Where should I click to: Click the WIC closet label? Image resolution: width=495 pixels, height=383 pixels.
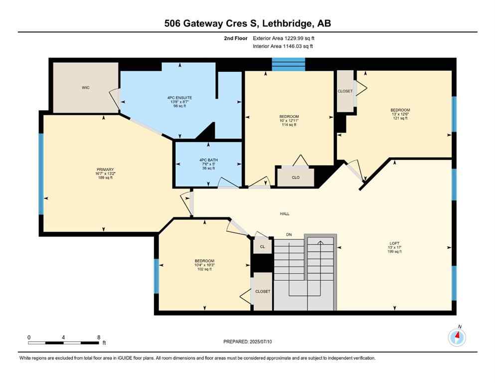tap(85, 87)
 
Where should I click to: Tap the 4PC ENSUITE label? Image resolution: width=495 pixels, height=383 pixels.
tap(179, 97)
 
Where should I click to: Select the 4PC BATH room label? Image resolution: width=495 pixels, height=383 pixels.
tap(208, 160)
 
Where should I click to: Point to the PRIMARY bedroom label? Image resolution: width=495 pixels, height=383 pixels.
tap(102, 169)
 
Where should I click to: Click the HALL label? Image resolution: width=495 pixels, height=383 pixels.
tap(285, 214)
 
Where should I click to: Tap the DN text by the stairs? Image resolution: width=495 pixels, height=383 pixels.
tap(289, 234)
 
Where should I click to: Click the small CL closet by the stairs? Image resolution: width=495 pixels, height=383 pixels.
tap(262, 246)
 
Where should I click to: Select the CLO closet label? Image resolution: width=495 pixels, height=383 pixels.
tap(296, 178)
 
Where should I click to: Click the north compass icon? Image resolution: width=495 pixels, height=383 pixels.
tap(457, 337)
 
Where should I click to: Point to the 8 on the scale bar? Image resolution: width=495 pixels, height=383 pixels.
tap(99, 337)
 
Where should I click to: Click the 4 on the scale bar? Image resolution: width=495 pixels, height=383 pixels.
tap(64, 337)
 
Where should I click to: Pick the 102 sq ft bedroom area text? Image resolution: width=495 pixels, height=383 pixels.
tap(204, 269)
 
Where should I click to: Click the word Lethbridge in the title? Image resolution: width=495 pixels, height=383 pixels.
tap(281, 23)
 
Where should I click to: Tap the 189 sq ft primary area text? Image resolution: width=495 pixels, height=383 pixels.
tap(102, 178)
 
